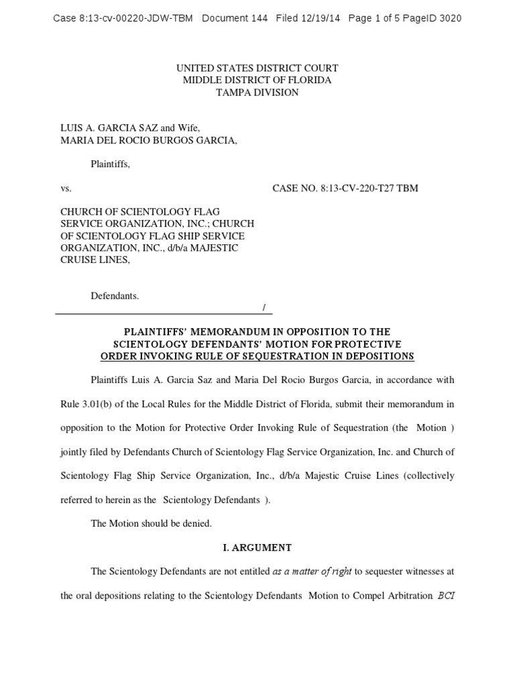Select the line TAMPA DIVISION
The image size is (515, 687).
(x=257, y=93)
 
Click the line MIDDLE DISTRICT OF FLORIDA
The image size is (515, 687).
(x=257, y=81)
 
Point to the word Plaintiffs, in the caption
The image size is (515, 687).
(x=111, y=164)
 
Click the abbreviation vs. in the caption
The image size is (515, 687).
(x=66, y=189)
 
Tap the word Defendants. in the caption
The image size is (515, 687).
(x=115, y=296)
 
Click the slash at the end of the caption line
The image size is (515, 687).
(x=264, y=307)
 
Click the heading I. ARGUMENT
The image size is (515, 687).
(x=257, y=547)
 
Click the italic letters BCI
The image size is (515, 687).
(x=446, y=596)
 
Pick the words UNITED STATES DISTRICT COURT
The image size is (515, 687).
(x=257, y=68)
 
